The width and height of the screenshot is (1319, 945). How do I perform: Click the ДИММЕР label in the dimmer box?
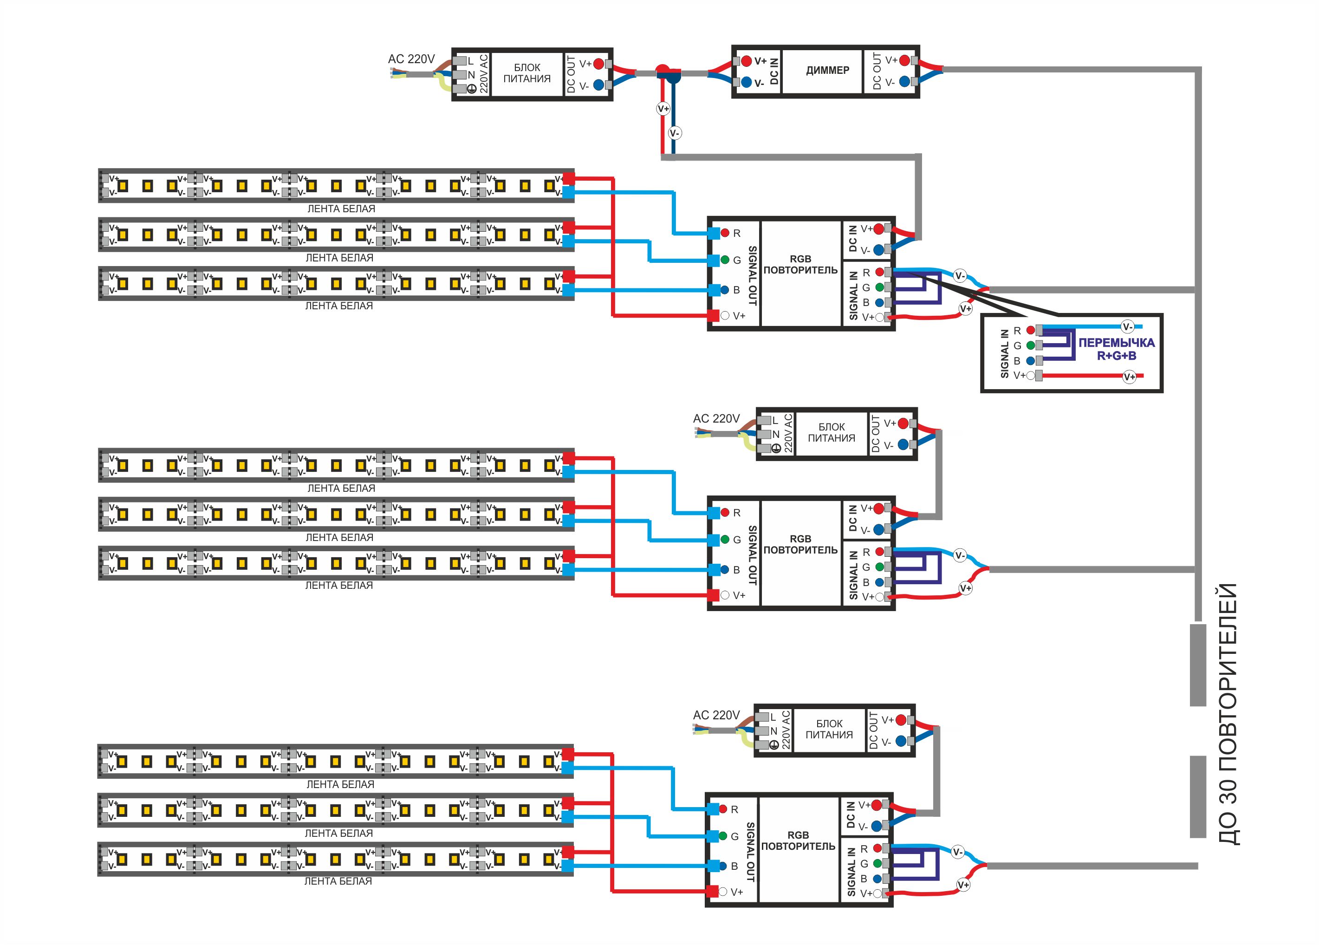click(827, 71)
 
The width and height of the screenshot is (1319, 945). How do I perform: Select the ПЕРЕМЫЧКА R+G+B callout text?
click(1116, 349)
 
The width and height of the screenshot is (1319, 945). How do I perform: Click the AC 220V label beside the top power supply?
click(411, 59)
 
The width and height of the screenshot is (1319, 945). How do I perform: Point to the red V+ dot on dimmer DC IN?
click(746, 60)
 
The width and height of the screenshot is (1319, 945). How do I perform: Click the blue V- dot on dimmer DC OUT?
click(904, 82)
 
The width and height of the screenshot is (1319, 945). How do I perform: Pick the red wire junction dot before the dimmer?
click(663, 71)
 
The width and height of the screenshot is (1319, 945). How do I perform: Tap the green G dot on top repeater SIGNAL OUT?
click(725, 260)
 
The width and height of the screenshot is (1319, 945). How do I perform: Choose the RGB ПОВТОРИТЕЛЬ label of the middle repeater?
click(800, 544)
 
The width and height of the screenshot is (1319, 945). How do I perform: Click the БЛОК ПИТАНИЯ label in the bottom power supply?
click(829, 729)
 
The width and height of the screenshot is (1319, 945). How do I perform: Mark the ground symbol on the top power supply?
click(472, 88)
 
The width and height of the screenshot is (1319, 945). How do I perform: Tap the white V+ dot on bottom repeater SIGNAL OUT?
click(722, 892)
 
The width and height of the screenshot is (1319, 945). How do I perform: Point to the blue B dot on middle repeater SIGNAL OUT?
click(725, 570)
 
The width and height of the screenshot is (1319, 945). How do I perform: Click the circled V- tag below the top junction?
click(674, 133)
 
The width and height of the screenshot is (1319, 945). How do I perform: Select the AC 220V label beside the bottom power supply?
click(716, 715)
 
